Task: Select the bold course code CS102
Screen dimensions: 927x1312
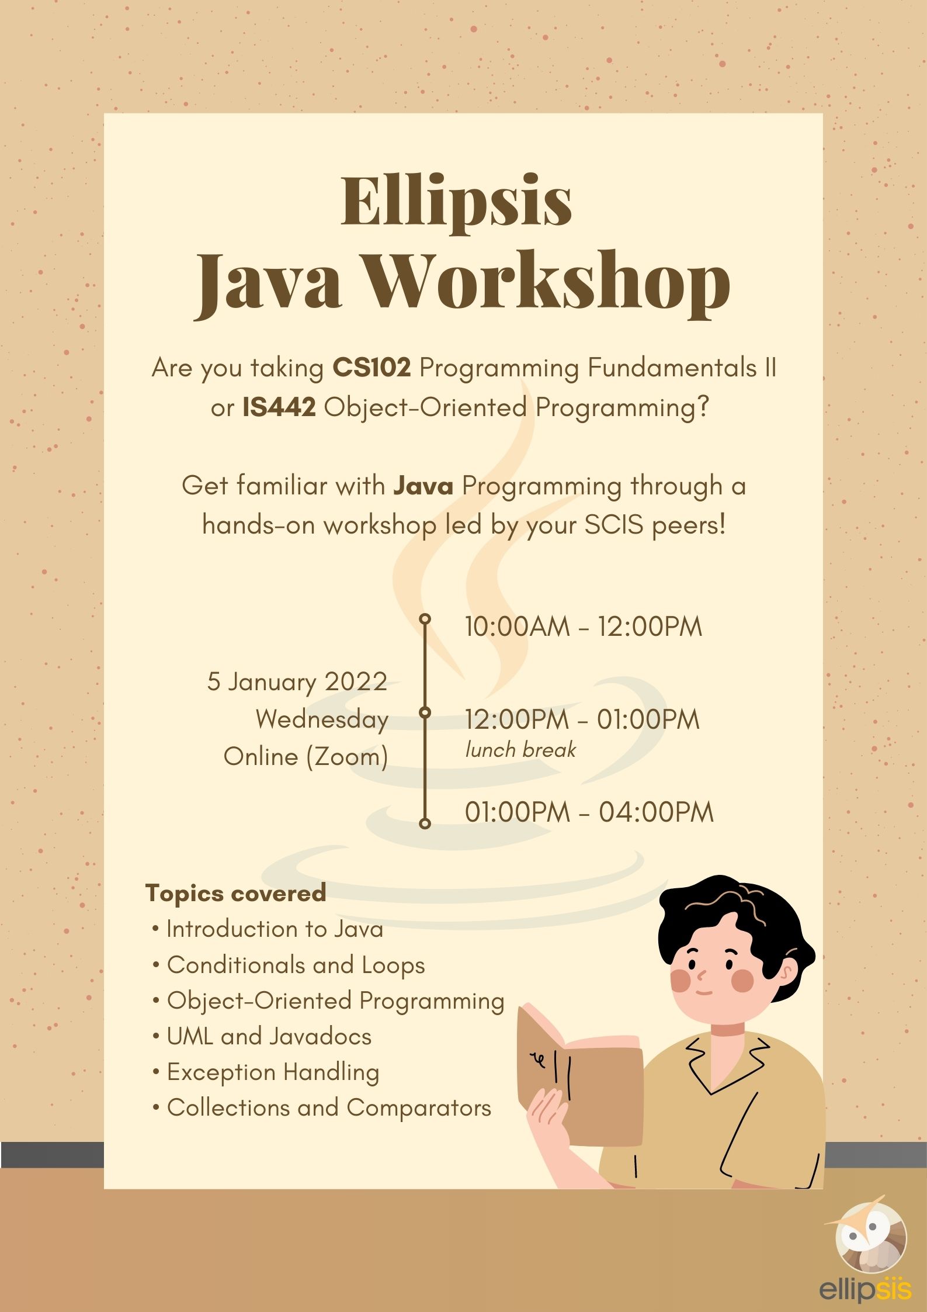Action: pos(372,368)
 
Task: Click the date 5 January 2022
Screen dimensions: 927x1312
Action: pos(297,681)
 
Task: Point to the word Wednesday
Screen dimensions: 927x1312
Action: pos(322,719)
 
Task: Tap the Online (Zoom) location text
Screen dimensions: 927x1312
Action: pos(306,757)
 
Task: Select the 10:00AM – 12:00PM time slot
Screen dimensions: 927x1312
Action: pos(584,626)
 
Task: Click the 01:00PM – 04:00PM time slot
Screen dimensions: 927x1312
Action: pos(589,812)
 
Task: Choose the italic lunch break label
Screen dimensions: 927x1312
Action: pos(520,750)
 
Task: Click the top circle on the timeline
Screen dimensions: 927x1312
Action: pos(425,619)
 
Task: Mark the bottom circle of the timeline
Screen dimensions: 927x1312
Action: pos(425,823)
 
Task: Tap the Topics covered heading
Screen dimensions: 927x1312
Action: pos(236,893)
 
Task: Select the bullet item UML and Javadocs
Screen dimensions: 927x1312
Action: pos(262,1036)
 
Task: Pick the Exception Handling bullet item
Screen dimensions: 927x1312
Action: pos(266,1072)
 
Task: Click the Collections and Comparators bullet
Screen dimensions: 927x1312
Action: pos(322,1107)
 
